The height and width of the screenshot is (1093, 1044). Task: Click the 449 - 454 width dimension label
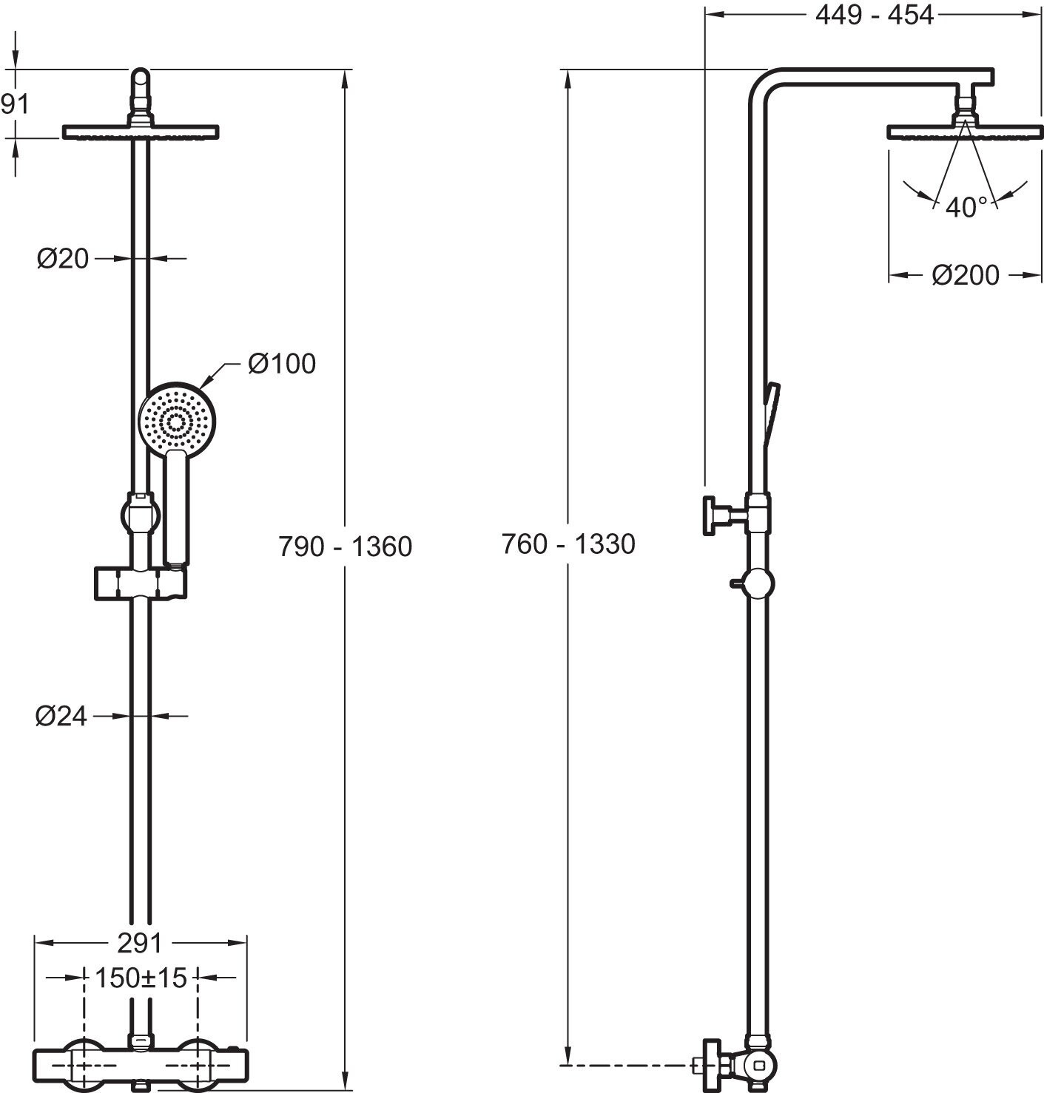tap(874, 15)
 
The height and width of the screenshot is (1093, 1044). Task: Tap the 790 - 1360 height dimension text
tap(345, 546)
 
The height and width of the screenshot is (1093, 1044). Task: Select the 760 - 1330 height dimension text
tap(568, 544)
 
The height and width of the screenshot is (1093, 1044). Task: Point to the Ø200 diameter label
tap(965, 275)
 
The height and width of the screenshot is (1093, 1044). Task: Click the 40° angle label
tap(966, 207)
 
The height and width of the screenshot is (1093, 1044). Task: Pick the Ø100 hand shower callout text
tap(281, 364)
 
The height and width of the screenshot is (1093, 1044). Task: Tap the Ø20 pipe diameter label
tap(63, 258)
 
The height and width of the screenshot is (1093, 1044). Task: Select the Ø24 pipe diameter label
tap(61, 716)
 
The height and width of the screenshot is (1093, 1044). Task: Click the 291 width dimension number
tap(140, 943)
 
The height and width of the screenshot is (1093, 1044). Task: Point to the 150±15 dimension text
tap(141, 978)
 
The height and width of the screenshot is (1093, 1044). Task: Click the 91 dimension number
tap(15, 104)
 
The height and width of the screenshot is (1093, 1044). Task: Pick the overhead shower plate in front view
tap(141, 132)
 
